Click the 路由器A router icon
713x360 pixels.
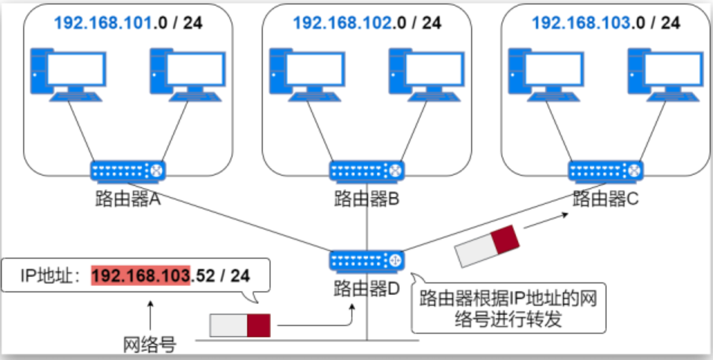point(128,172)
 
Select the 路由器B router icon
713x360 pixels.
point(367,172)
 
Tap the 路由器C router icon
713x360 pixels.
point(605,172)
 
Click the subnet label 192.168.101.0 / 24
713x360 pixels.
point(128,22)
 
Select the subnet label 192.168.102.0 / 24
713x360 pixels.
point(367,22)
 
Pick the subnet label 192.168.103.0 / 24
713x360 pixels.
point(605,22)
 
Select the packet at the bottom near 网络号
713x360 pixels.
point(240,325)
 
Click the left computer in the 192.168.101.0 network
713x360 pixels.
point(68,75)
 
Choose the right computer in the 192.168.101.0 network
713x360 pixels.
point(187,75)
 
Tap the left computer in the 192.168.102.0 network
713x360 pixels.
point(307,75)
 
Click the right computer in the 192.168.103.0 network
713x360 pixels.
point(665,75)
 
